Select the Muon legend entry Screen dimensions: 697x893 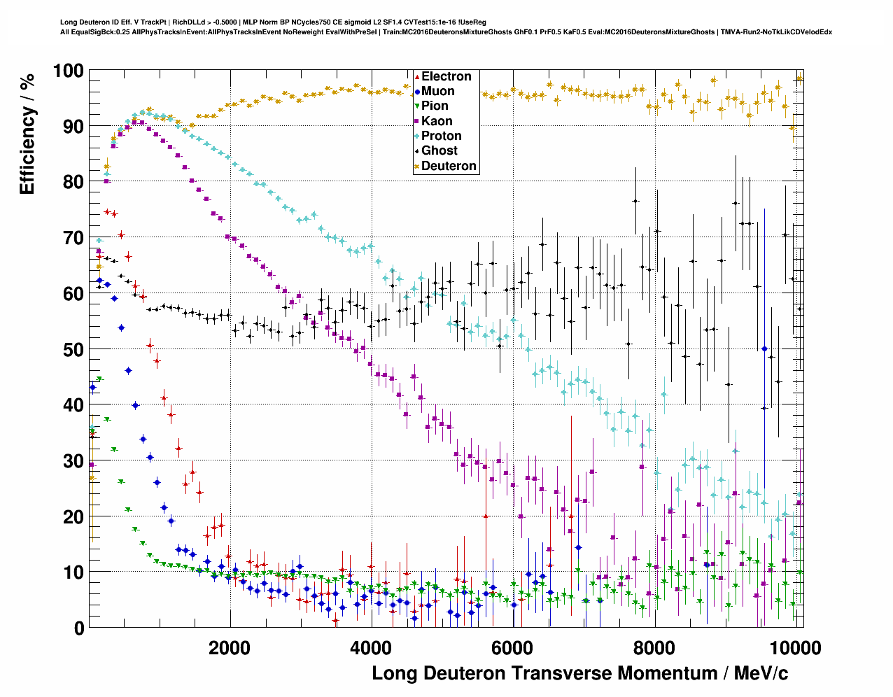click(437, 92)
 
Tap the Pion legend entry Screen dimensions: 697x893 click(435, 106)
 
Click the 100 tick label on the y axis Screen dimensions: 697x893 click(68, 71)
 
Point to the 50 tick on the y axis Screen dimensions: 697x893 click(73, 349)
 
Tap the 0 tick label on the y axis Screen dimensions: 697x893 click(78, 628)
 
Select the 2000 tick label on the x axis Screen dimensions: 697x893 click(229, 648)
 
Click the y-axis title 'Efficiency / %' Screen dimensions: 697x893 click(27, 133)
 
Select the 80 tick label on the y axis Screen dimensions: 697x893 click(73, 182)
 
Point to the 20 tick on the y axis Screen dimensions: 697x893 click(73, 516)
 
